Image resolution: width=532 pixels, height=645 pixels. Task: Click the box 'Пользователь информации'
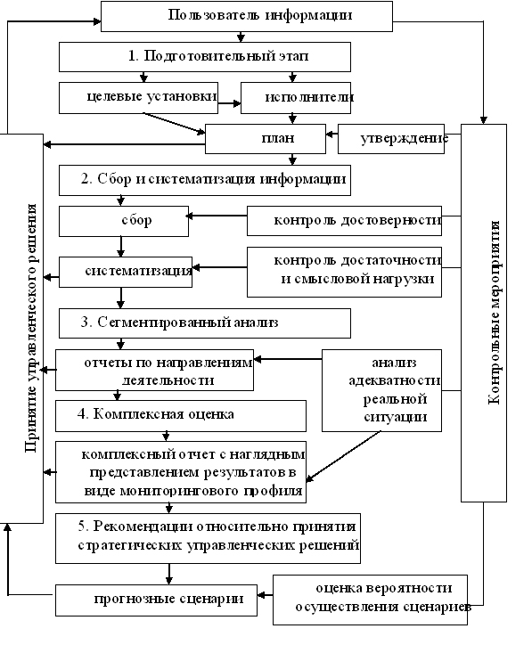click(247, 16)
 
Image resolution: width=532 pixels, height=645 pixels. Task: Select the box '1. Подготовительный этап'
click(204, 57)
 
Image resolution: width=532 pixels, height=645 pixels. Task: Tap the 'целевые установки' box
click(138, 98)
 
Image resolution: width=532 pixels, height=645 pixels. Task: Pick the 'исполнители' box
click(296, 98)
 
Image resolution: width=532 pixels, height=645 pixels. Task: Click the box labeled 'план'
click(266, 139)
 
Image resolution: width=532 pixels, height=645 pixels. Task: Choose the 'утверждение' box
click(391, 139)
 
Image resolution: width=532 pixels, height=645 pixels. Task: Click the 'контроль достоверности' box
click(344, 221)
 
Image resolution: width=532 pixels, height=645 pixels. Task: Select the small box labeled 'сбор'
click(124, 221)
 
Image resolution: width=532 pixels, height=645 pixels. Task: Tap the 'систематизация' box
click(126, 272)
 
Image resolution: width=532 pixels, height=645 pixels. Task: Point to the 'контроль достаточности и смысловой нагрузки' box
click(344, 272)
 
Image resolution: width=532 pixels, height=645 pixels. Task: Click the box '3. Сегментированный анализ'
click(204, 323)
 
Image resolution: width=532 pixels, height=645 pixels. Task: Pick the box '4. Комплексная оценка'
click(181, 415)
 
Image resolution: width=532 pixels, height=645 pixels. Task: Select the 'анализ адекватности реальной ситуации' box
click(381, 390)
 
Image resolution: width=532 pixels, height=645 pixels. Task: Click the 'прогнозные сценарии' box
click(156, 600)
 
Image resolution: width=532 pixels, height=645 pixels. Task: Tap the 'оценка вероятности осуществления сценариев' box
click(370, 600)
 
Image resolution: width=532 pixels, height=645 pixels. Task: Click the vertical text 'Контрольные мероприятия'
click(495, 313)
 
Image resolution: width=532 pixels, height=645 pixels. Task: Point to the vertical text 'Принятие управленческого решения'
click(31, 328)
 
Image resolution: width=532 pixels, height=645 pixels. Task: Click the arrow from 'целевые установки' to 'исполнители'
click(229, 103)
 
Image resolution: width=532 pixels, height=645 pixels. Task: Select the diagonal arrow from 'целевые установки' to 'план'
click(174, 123)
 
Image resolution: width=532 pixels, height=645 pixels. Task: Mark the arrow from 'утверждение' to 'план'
click(331, 135)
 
